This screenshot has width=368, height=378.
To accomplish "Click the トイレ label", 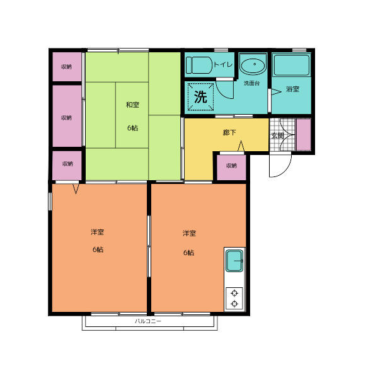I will (223, 65).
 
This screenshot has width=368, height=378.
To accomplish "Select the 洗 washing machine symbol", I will (200, 97).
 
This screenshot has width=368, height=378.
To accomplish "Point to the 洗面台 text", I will (252, 83).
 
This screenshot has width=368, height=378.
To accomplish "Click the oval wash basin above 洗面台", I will (253, 65).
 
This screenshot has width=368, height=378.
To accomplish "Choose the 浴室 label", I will (292, 89).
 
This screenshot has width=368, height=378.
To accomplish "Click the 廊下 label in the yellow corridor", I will (229, 133).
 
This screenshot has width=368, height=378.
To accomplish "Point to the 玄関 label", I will (277, 135).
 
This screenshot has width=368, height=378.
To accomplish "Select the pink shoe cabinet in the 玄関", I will (304, 134).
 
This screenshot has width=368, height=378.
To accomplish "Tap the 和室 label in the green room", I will (132, 105).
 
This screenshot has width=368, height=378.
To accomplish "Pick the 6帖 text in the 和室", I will (132, 128).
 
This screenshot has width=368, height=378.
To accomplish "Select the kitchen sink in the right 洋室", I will (234, 260).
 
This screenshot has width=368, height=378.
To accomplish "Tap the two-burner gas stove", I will (234, 298).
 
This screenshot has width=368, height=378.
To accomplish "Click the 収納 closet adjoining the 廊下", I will (231, 166).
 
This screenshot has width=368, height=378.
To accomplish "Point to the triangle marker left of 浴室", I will (274, 91).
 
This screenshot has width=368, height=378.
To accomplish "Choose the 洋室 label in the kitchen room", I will (189, 234).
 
